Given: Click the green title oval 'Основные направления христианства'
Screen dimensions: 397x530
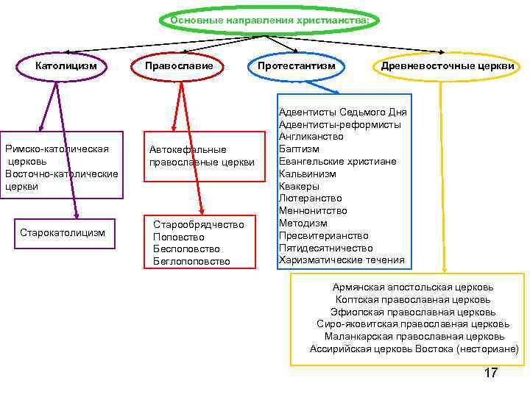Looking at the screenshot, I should tap(269, 21).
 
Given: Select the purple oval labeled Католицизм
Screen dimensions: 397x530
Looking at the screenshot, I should tap(67, 66).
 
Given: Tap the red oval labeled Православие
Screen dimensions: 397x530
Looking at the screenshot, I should tap(180, 66).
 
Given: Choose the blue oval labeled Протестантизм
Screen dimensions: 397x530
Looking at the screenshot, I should tap(296, 66).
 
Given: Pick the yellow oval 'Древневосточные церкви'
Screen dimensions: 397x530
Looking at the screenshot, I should tap(447, 66).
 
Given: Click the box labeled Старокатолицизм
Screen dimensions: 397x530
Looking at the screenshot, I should tap(63, 233).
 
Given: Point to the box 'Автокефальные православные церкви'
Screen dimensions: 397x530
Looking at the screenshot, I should tap(202, 156).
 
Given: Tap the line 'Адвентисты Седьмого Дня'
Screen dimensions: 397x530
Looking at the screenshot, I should tap(342, 112).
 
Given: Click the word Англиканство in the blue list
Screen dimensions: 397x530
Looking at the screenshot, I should tap(311, 137).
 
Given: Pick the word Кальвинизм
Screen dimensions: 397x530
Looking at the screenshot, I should tap(307, 174).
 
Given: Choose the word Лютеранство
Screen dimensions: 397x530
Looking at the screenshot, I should tap(310, 198).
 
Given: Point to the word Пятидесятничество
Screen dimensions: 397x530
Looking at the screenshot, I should tap(325, 248).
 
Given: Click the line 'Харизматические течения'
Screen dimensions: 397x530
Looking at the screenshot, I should tap(342, 260).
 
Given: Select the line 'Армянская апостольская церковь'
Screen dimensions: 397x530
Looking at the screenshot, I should tap(413, 287).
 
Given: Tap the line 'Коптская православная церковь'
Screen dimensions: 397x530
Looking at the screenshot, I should tap(413, 299).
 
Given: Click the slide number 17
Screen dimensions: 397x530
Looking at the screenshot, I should tap(490, 373).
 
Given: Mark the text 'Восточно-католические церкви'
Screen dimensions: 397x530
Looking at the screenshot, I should tap(62, 179).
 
